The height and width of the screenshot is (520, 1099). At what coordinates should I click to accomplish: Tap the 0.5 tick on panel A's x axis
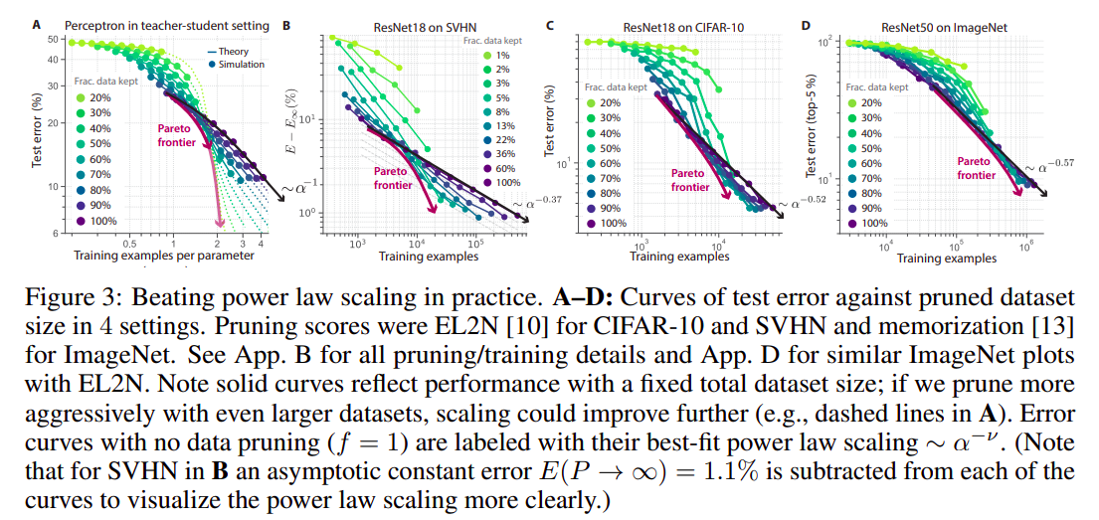(x=128, y=243)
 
